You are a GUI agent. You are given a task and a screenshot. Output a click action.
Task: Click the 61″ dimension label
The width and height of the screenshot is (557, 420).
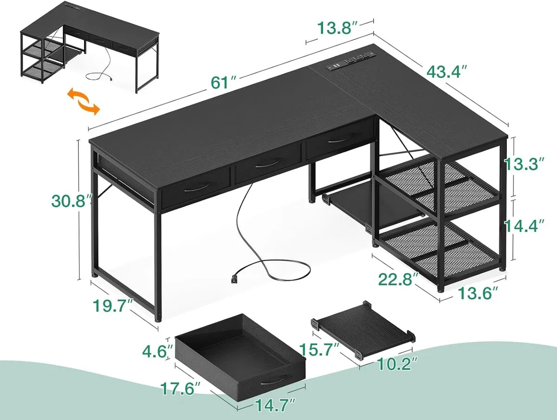tap(224, 83)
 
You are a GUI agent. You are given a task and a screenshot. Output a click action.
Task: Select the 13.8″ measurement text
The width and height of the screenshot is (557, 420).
tap(338, 28)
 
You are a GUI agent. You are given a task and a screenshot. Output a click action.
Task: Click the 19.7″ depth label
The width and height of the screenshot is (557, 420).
tap(113, 306)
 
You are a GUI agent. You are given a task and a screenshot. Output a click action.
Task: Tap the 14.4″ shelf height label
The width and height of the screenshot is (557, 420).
tap(524, 226)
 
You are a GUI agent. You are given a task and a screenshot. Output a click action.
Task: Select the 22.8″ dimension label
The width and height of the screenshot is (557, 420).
tap(398, 279)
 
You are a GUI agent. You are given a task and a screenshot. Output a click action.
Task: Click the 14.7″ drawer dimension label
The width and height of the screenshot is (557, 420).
tap(275, 405)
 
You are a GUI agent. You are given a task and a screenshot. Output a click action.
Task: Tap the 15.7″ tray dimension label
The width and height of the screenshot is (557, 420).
tap(319, 349)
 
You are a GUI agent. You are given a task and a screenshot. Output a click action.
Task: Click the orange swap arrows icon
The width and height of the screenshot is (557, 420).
tap(84, 102)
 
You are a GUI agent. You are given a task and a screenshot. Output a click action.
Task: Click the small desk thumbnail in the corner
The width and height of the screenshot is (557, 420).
tap(90, 47)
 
